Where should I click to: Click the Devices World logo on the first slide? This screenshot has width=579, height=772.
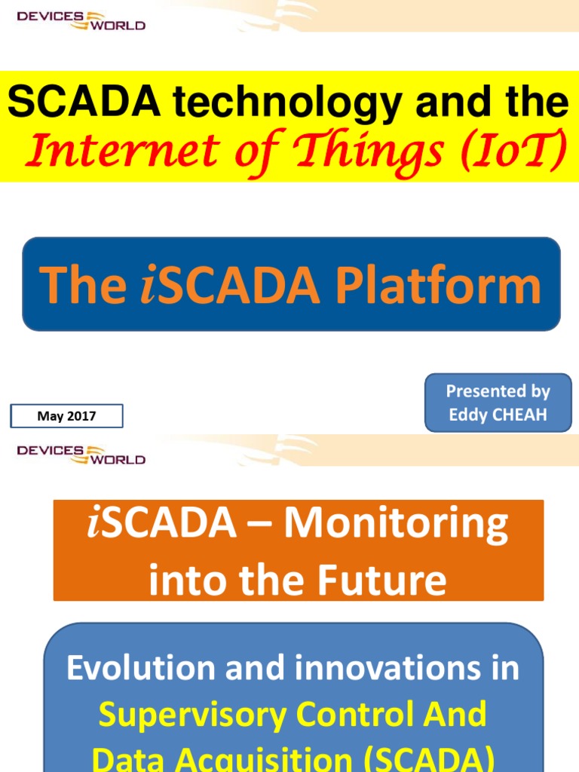point(81,20)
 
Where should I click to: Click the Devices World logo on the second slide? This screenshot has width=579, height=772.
point(81,455)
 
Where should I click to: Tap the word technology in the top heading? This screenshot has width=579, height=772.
point(283,103)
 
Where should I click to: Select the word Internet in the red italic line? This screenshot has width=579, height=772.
point(112,151)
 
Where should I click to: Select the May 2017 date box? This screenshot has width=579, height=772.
point(66,416)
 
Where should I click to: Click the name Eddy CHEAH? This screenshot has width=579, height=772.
point(498,415)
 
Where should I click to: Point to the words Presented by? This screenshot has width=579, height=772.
point(498,391)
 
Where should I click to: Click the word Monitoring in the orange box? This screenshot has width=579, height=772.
point(395,525)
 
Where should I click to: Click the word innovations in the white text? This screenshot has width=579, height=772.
point(394,669)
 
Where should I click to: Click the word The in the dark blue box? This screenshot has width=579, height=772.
point(83,286)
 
